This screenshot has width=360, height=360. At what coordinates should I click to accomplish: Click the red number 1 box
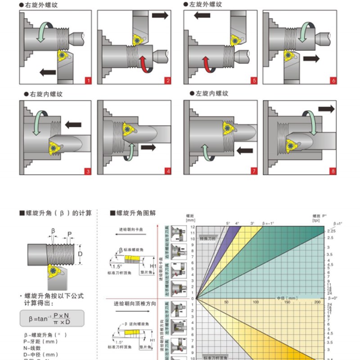[x=88, y=81]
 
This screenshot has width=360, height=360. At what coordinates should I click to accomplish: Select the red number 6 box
[x=333, y=81]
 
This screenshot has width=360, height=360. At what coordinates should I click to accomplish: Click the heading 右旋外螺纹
[x=41, y=6]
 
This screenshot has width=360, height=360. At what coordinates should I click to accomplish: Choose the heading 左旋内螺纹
[x=210, y=94]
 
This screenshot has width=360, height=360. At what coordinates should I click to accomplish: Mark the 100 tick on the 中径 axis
[x=256, y=302]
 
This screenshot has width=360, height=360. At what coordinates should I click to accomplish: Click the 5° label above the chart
[x=228, y=224]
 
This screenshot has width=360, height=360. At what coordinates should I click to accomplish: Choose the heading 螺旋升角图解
[x=135, y=213]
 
